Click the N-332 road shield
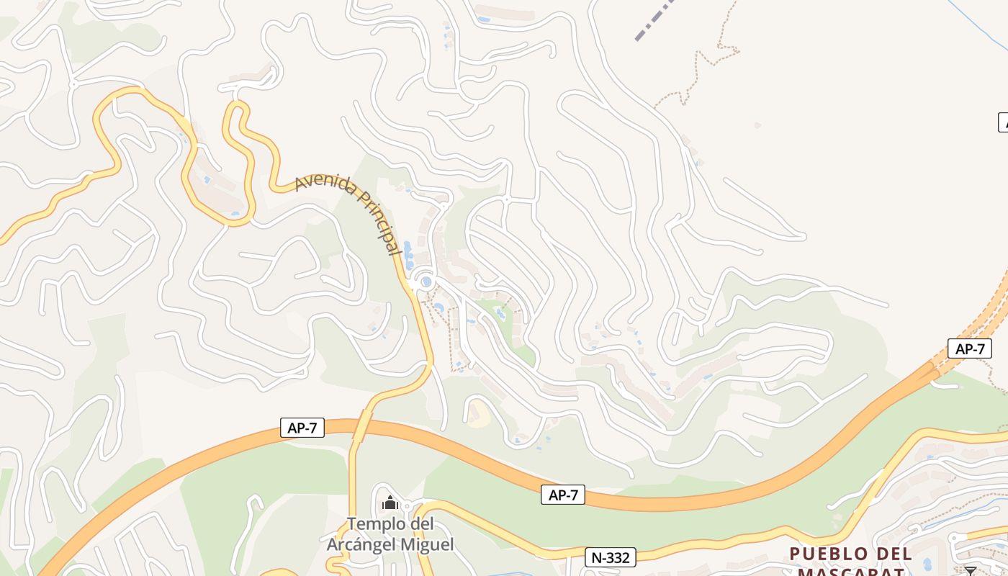pos(611,557)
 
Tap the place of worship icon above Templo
pos(390,503)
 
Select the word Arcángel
pos(362,544)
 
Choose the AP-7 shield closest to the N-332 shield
pos(563,495)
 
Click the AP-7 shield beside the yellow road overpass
pos(302,428)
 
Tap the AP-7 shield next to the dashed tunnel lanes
pos(969,349)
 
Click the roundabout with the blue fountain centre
pos(426,282)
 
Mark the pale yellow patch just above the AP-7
pos(477,414)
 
